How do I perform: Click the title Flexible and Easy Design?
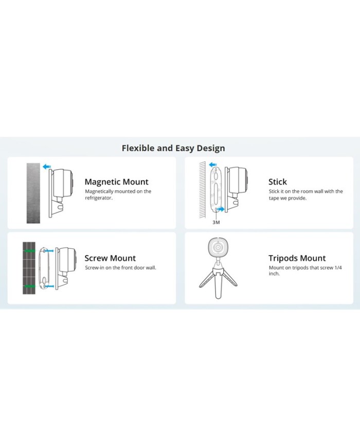(x=173, y=148)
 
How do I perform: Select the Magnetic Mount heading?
(x=117, y=182)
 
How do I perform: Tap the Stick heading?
(x=278, y=182)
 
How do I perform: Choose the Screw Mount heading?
(x=110, y=258)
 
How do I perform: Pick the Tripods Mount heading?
(x=297, y=258)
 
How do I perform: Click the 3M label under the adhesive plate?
(x=216, y=222)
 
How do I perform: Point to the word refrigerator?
(x=98, y=198)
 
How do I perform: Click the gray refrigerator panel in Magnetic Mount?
(x=33, y=193)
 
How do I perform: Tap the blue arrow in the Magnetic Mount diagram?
(x=47, y=167)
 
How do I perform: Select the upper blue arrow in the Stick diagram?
(x=212, y=165)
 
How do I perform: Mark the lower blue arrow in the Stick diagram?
(x=221, y=209)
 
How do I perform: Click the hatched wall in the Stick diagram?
(x=203, y=190)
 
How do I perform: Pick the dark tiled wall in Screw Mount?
(x=29, y=268)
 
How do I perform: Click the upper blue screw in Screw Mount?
(x=48, y=251)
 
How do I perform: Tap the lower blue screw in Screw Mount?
(x=49, y=286)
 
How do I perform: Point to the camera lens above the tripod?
(x=219, y=247)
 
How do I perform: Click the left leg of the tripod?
(x=207, y=279)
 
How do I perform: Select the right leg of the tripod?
(x=230, y=278)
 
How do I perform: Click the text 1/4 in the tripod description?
(x=338, y=267)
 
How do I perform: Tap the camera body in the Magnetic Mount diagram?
(x=63, y=183)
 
